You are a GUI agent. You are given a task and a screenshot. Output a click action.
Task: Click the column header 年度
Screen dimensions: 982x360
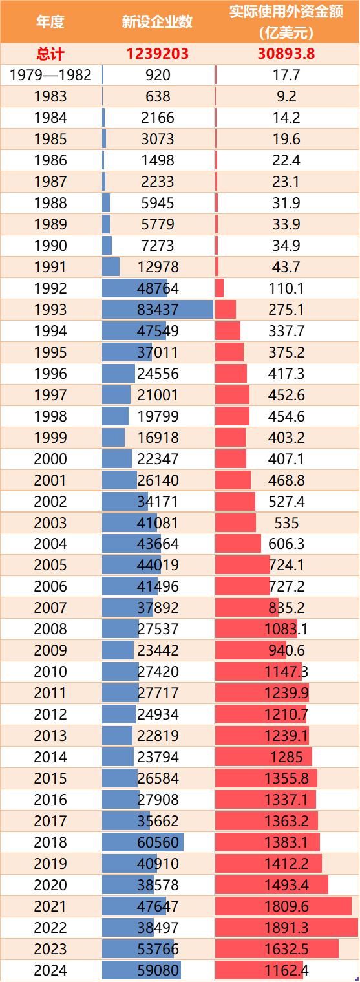click(50, 21)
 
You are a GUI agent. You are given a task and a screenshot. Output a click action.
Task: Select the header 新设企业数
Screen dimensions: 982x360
click(158, 21)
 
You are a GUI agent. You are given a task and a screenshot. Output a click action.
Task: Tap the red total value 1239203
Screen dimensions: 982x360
click(158, 54)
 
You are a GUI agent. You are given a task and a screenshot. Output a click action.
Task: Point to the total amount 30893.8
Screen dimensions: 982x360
click(286, 54)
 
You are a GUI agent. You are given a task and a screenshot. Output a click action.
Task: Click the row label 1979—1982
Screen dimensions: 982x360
click(50, 75)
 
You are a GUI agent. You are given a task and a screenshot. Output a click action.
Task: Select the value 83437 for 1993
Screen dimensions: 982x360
click(158, 310)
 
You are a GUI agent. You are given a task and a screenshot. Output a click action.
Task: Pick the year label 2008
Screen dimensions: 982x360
click(50, 630)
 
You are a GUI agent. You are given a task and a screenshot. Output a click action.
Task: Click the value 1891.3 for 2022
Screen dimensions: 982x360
click(286, 928)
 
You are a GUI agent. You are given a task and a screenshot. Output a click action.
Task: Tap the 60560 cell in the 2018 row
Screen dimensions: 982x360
click(158, 843)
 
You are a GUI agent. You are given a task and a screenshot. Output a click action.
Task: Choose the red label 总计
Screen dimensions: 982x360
click(50, 54)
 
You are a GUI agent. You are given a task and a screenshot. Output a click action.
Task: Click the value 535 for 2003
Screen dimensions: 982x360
click(286, 523)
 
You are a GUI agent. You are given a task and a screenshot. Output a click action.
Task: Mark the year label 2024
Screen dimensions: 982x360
click(50, 971)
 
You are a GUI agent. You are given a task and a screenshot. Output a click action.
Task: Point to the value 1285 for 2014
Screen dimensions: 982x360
click(286, 758)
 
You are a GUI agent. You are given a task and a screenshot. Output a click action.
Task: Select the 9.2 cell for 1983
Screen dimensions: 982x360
click(286, 96)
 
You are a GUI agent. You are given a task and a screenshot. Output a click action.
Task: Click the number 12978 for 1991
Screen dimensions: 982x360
click(158, 267)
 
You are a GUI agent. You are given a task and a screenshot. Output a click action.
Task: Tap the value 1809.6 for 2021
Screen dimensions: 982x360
click(286, 907)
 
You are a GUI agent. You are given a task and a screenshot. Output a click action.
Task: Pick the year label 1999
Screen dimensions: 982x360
click(50, 438)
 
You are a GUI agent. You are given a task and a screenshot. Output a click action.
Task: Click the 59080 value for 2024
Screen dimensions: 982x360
click(158, 971)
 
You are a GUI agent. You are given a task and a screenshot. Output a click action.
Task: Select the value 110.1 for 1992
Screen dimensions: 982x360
click(286, 288)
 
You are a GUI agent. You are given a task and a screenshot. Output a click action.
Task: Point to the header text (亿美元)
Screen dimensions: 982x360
click(286, 31)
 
